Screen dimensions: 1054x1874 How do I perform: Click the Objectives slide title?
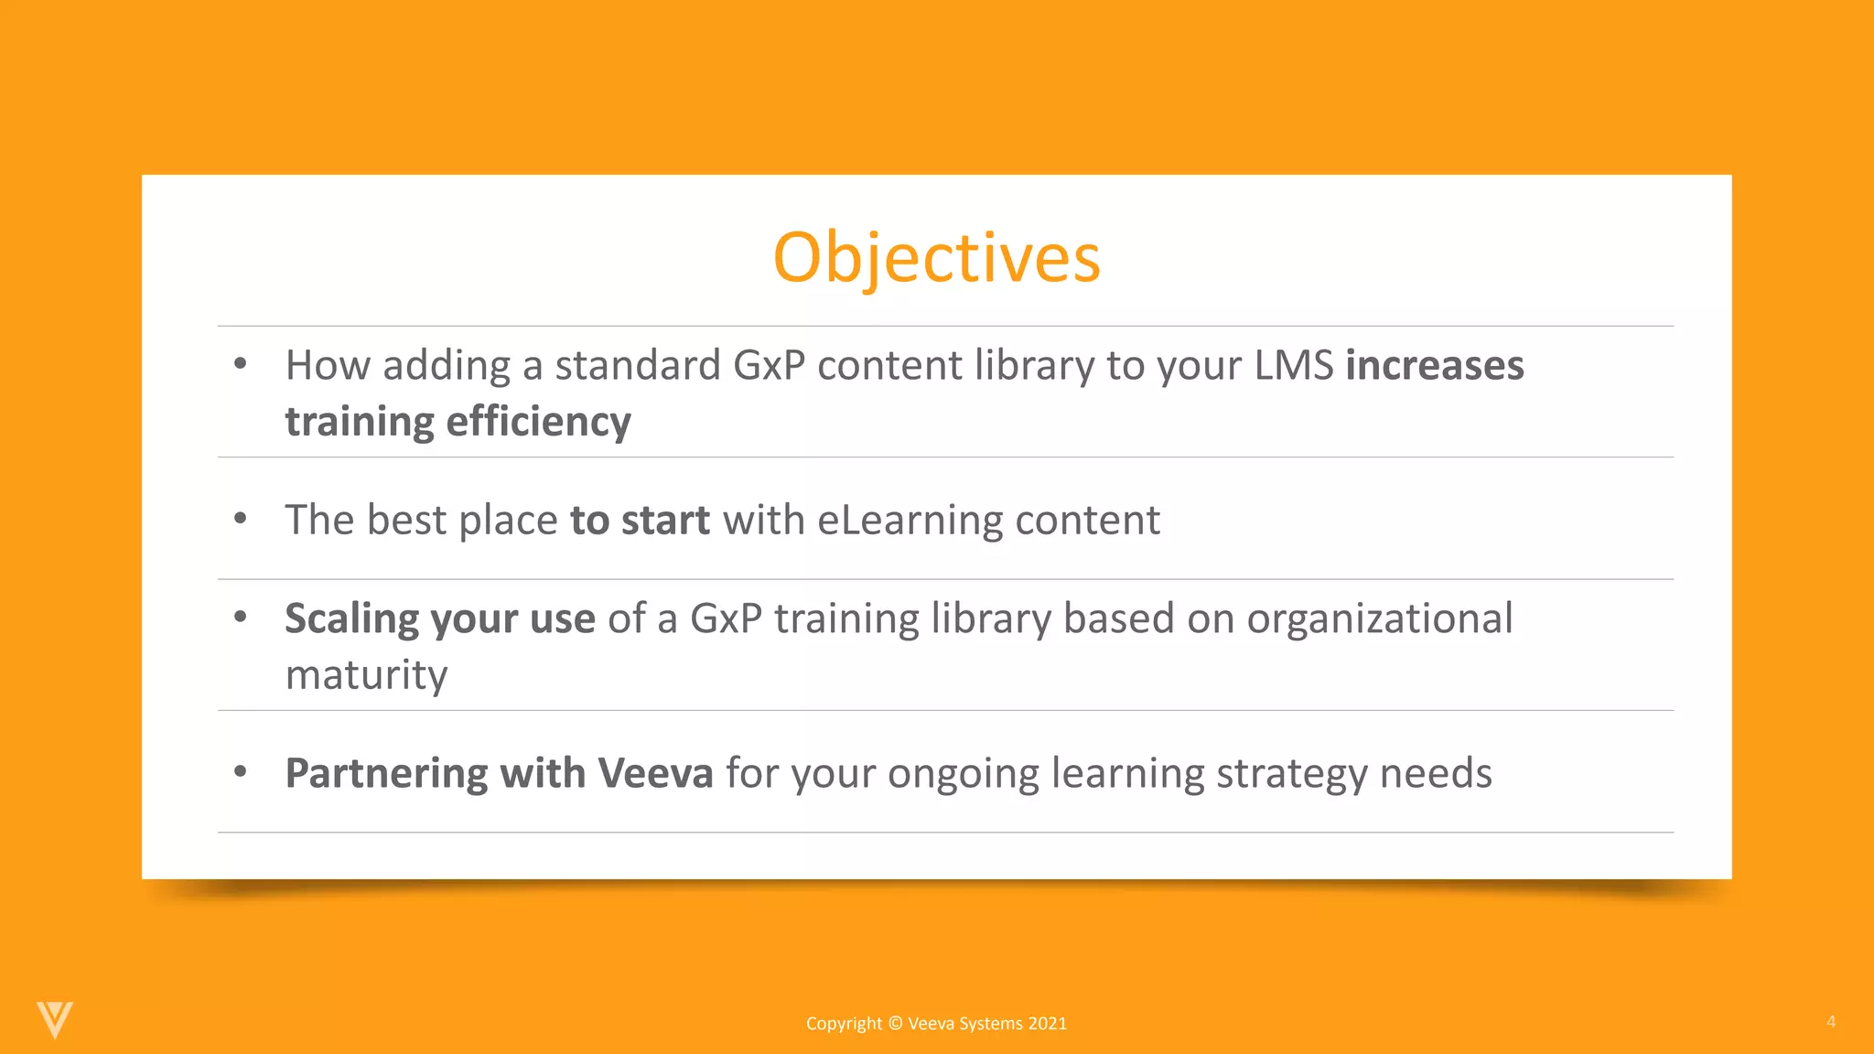(936, 258)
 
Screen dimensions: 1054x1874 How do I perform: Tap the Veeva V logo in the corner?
(55, 1019)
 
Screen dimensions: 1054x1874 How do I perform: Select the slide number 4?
(1830, 1021)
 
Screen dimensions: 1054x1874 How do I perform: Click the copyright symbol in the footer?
(895, 1024)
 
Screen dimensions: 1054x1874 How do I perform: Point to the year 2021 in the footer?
(1047, 1024)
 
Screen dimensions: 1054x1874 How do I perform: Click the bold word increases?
(1434, 365)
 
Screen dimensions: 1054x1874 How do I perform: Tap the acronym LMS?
(1293, 365)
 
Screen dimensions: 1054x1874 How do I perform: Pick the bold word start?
(665, 520)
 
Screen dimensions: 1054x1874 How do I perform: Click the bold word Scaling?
(351, 619)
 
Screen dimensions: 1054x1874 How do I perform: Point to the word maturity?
(366, 675)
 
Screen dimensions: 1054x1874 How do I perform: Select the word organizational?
(1379, 619)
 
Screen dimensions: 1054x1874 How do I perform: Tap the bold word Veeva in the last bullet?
(655, 773)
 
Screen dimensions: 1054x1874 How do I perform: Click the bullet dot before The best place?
(241, 518)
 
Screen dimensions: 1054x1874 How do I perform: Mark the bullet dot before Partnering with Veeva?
(241, 771)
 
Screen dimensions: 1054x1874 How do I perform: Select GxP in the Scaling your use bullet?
(726, 618)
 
